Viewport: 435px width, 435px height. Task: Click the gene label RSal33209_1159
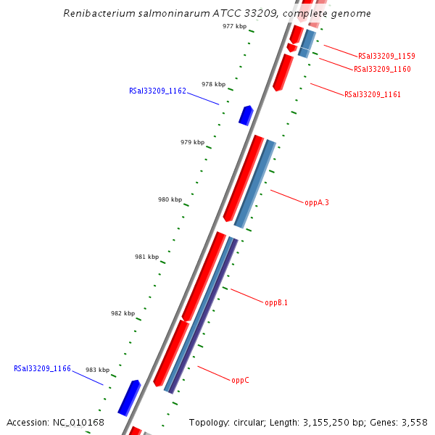tap(386, 56)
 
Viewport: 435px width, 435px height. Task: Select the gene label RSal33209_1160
tap(382, 70)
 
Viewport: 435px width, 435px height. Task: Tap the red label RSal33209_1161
tap(373, 94)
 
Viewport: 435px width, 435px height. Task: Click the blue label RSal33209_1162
tap(157, 91)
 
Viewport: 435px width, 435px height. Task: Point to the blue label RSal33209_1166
tap(42, 369)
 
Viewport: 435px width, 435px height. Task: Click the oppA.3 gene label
tap(317, 203)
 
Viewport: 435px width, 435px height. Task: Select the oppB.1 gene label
tap(276, 303)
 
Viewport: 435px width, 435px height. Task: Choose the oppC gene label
tap(241, 380)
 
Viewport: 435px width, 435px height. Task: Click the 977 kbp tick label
tap(234, 26)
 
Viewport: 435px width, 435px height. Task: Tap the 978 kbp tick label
tap(213, 84)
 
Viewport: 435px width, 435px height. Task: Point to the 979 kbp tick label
tap(192, 142)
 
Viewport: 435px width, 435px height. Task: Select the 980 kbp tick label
tap(170, 199)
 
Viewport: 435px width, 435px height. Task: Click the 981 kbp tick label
tap(146, 257)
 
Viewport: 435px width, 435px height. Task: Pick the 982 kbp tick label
tap(123, 313)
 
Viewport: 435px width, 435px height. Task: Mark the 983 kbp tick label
tap(98, 370)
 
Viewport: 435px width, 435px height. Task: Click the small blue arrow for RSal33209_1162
tap(246, 115)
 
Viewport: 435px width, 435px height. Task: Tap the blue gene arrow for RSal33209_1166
tap(129, 397)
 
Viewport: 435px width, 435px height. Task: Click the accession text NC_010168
tap(78, 422)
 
